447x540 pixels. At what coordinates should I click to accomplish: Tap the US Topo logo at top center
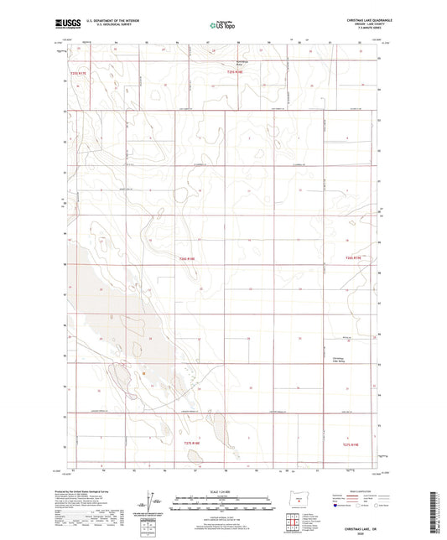click(x=221, y=25)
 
